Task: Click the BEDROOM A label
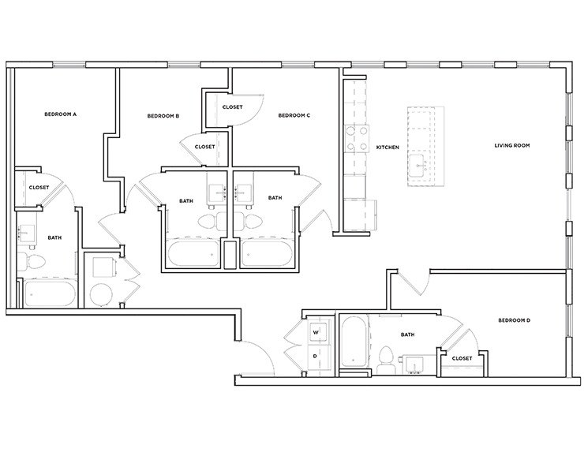tap(60, 115)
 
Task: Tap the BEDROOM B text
tap(163, 116)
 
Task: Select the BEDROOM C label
tap(294, 116)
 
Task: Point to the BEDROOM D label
tap(515, 320)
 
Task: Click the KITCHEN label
tap(387, 148)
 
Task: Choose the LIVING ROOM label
tap(511, 145)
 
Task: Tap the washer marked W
tap(316, 332)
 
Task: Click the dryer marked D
tap(316, 356)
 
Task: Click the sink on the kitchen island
tap(418, 164)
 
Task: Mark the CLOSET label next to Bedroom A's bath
tap(39, 188)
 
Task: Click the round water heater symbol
tap(102, 296)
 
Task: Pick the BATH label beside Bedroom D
tap(407, 334)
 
